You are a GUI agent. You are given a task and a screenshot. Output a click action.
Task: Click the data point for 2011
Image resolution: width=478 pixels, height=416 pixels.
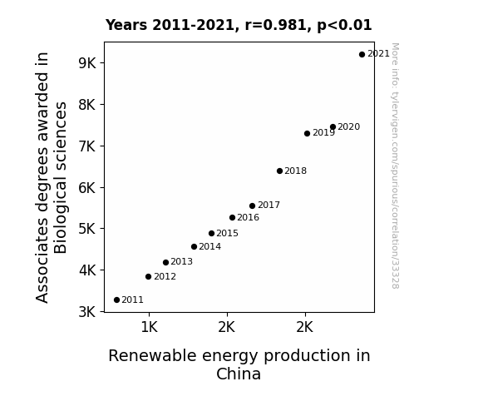pyautogui.click(x=116, y=300)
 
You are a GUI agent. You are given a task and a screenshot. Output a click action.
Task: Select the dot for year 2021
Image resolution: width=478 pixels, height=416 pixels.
pyautogui.click(x=362, y=55)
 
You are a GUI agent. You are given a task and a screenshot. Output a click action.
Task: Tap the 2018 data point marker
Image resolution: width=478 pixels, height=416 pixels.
pyautogui.click(x=279, y=171)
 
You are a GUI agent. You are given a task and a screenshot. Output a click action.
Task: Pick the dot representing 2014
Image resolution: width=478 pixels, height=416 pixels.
pyautogui.click(x=194, y=246)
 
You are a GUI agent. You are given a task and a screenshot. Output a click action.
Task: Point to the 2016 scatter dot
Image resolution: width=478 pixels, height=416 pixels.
pyautogui.click(x=232, y=218)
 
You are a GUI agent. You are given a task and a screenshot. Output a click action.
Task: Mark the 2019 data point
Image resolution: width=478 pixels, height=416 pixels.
pyautogui.click(x=307, y=133)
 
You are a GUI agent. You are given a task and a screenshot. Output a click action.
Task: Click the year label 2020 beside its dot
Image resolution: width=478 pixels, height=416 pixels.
pyautogui.click(x=349, y=126)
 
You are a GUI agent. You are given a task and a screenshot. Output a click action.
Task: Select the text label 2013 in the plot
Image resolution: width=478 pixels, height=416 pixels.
pyautogui.click(x=182, y=261)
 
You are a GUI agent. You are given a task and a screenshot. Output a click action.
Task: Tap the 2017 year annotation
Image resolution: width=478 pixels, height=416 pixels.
pyautogui.click(x=269, y=206)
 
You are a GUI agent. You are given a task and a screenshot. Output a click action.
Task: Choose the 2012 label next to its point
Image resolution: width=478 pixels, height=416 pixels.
pyautogui.click(x=165, y=276)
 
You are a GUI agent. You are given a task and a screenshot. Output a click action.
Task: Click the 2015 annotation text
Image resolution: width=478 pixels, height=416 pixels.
pyautogui.click(x=228, y=233)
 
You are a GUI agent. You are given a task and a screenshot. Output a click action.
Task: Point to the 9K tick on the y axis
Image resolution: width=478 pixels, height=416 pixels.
pyautogui.click(x=87, y=63)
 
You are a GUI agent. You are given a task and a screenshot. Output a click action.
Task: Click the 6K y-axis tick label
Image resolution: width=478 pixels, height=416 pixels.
pyautogui.click(x=87, y=187)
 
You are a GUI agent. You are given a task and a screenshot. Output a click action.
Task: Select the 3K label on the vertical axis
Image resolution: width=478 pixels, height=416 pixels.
pyautogui.click(x=87, y=312)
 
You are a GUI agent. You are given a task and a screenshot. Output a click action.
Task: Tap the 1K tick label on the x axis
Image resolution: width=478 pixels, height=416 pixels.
pyautogui.click(x=149, y=327)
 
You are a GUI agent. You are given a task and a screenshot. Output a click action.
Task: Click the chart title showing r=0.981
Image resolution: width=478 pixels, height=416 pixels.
pyautogui.click(x=239, y=25)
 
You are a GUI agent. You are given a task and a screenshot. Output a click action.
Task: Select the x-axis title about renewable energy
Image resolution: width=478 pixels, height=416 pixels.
pyautogui.click(x=239, y=364)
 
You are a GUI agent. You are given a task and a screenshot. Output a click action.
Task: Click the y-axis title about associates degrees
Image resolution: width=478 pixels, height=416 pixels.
pyautogui.click(x=51, y=177)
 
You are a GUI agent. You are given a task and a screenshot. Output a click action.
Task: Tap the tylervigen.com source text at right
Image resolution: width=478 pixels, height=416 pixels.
pyautogui.click(x=395, y=166)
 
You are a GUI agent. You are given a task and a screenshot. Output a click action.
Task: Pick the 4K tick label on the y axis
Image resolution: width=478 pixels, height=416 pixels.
pyautogui.click(x=87, y=270)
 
